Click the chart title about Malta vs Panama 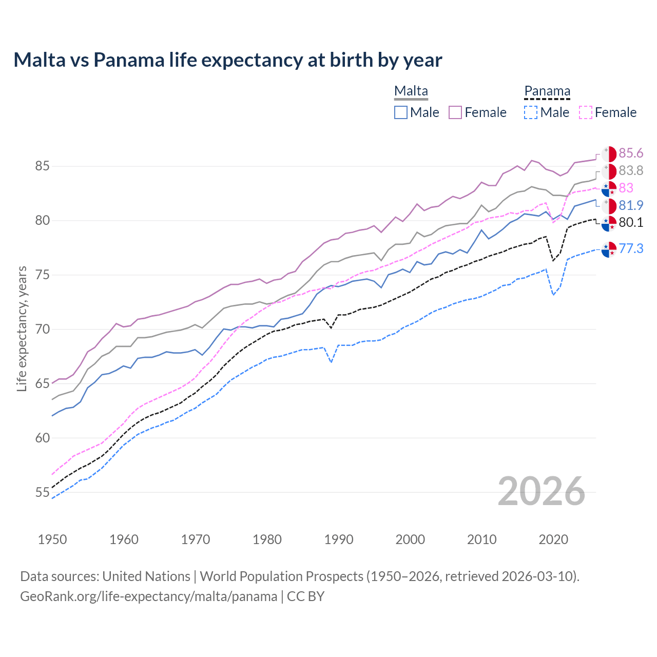tap(227, 60)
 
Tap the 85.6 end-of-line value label tap(631, 153)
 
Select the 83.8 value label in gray tap(631, 170)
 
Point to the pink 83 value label tap(626, 188)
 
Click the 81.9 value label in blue tap(631, 205)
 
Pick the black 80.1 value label tap(631, 222)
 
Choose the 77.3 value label tap(631, 248)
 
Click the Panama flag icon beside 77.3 tap(609, 249)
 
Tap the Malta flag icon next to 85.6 tap(609, 154)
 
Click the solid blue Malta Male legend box tap(401, 112)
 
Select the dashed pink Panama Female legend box tap(586, 112)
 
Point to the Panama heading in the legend tap(547, 91)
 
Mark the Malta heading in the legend tap(411, 91)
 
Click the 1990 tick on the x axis tap(339, 539)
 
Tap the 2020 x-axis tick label tap(553, 539)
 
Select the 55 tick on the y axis tap(42, 493)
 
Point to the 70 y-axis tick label tap(42, 329)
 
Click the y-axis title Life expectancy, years tap(22, 328)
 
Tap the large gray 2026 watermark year tap(541, 491)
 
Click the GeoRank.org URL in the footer tap(148, 596)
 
